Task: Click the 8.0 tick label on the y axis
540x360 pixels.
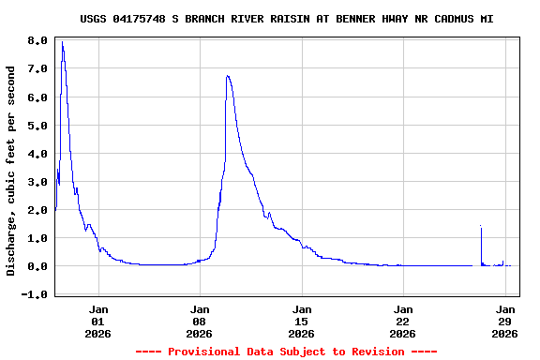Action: coord(37,41)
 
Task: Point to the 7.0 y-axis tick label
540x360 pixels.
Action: coord(37,69)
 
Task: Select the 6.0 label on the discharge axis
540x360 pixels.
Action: coord(37,97)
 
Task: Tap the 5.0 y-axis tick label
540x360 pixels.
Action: coord(37,126)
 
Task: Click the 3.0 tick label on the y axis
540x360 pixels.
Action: coord(37,182)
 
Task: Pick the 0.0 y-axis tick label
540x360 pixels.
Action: coord(37,266)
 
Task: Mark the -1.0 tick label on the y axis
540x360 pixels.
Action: coord(35,294)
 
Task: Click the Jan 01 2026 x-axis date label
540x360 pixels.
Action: coord(98,320)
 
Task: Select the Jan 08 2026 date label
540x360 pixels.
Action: coord(200,320)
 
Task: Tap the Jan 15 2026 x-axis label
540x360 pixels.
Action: coord(301,320)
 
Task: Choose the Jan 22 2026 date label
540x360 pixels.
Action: coord(402,320)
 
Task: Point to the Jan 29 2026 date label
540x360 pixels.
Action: coord(504,320)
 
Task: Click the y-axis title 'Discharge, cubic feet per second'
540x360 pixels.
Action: coord(11,171)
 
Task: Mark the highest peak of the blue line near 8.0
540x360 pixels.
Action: coord(62,43)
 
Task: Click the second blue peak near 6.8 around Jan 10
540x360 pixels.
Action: coord(228,76)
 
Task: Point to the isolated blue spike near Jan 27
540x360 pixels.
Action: coord(480,227)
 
